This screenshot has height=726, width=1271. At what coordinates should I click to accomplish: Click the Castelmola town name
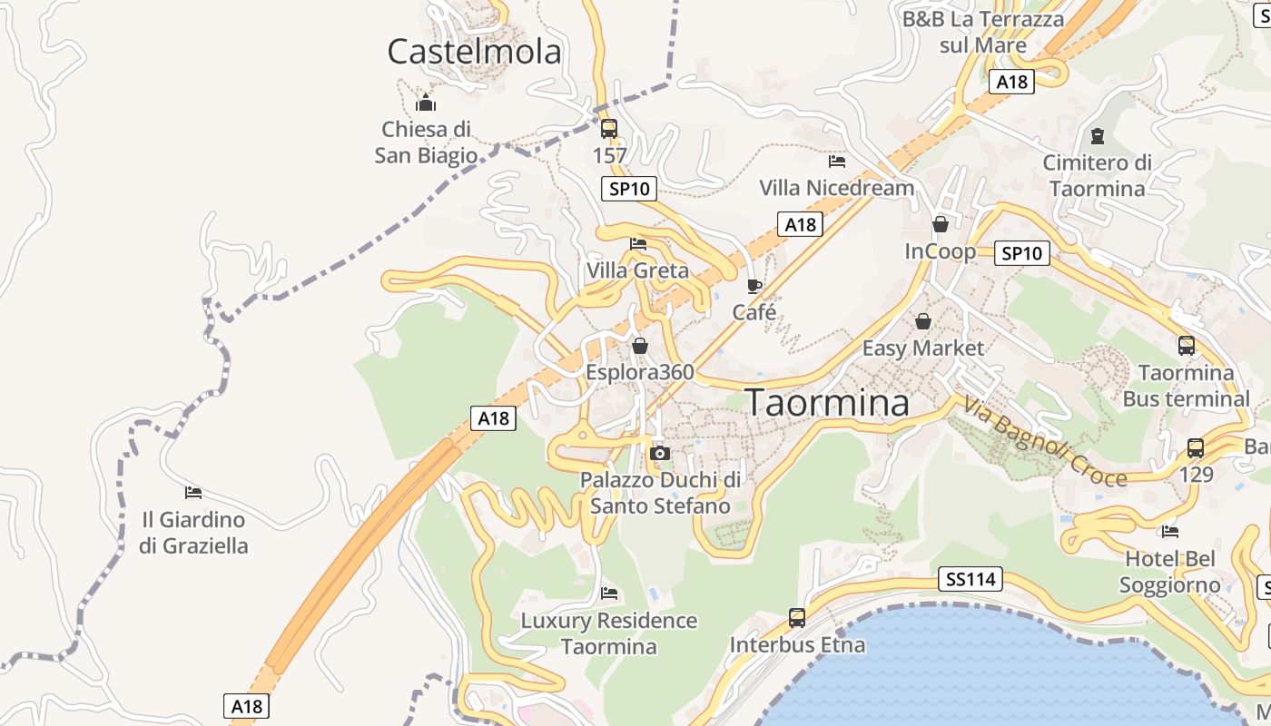point(474,52)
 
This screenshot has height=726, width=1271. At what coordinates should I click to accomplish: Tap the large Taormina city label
point(827,403)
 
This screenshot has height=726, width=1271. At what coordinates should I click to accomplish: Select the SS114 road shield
point(970,579)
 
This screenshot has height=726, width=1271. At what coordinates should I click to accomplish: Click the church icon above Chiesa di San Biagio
point(426,103)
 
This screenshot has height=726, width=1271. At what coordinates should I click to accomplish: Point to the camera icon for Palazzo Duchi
point(660,453)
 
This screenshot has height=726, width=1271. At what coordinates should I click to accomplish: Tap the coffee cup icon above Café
point(754,287)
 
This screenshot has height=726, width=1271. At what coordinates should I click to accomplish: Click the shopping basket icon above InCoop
point(941,223)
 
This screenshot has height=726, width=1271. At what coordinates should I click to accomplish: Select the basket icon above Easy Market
point(923,321)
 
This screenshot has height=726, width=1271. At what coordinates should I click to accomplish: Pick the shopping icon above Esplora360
point(640,346)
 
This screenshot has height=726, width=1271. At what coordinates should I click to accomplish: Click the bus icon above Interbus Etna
point(797,618)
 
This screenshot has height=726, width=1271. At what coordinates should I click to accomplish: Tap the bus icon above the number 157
point(609,129)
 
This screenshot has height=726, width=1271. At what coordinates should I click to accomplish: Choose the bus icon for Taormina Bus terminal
point(1187,345)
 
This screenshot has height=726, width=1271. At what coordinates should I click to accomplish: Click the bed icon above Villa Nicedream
point(837,162)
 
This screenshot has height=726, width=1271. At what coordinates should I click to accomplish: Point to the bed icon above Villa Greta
point(638,243)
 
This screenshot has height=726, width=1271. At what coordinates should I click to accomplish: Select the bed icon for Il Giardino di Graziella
point(193,493)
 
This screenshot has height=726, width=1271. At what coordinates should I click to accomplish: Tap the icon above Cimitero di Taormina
point(1098,136)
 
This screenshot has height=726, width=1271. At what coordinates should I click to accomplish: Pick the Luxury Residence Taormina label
point(608,633)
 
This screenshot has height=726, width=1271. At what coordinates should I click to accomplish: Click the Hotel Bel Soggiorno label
point(1169,571)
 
